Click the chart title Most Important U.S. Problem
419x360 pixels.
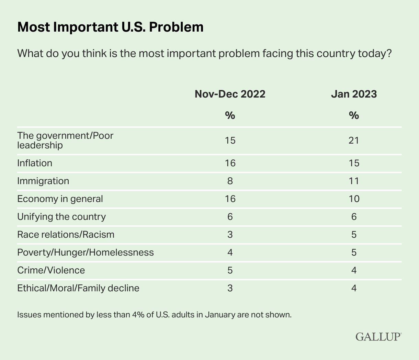pyautogui.click(x=110, y=27)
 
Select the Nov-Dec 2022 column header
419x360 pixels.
pyautogui.click(x=230, y=94)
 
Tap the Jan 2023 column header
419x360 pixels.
pyautogui.click(x=354, y=94)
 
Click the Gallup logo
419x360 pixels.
pyautogui.click(x=378, y=336)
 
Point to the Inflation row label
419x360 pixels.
pyautogui.click(x=35, y=163)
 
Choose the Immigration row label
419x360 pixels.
pyautogui.click(x=43, y=181)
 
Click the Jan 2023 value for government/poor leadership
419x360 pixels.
pyautogui.click(x=354, y=140)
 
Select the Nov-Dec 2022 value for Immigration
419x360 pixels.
pyautogui.click(x=230, y=181)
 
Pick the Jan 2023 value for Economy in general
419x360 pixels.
pyautogui.click(x=354, y=199)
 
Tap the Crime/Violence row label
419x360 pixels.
pyautogui.click(x=51, y=270)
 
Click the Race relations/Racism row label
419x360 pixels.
pyautogui.click(x=66, y=234)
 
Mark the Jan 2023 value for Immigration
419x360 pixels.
pyautogui.click(x=354, y=181)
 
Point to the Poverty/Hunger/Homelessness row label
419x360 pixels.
pyautogui.click(x=86, y=252)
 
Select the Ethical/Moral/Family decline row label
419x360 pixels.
pyautogui.click(x=78, y=288)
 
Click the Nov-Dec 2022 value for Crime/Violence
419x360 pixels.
pyautogui.click(x=230, y=270)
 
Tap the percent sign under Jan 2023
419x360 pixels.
pyautogui.click(x=354, y=115)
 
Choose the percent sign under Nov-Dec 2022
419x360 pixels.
pyautogui.click(x=230, y=115)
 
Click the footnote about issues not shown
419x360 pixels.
pyautogui.click(x=154, y=315)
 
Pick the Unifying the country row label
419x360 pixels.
pyautogui.click(x=61, y=216)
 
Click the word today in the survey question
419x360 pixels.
pyautogui.click(x=374, y=54)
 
